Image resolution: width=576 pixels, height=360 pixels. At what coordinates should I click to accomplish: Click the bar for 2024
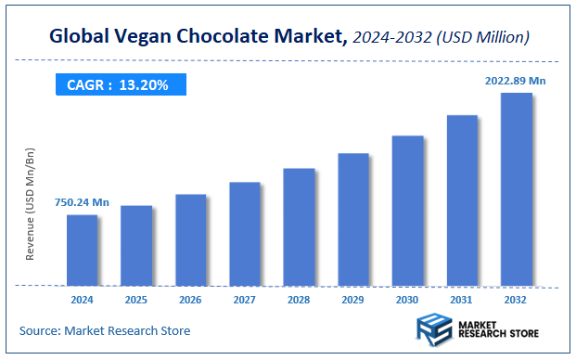coord(82,250)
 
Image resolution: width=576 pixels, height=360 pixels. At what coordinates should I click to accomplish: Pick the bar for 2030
coord(407,211)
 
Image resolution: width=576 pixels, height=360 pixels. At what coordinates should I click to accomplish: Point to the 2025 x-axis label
coord(136,300)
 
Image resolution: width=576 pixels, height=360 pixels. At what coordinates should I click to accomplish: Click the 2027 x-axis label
coord(245,300)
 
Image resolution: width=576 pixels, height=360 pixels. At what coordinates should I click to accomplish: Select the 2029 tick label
coord(353,300)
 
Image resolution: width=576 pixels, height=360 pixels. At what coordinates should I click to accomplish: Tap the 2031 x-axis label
coord(462,300)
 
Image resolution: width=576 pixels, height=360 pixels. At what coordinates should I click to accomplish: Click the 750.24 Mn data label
coord(82,202)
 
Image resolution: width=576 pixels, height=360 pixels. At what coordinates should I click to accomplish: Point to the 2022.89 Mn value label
coord(516,81)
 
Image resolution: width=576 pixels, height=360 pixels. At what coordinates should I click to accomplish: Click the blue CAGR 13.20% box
coord(118,85)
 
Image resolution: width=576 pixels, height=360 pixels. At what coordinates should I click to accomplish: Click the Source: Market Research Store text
coord(105,330)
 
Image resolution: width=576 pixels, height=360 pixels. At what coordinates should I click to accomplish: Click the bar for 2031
coord(462,199)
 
